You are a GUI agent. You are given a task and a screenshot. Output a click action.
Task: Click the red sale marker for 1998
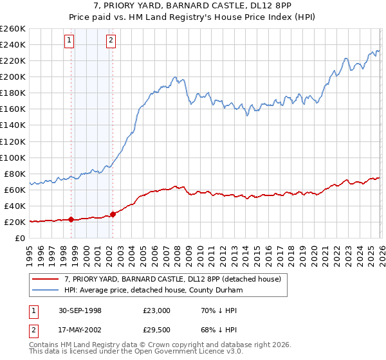pos(71,219)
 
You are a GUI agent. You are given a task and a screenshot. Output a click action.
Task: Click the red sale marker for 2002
pos(113,214)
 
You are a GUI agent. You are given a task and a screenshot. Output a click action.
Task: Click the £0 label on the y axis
pos(19,238)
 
